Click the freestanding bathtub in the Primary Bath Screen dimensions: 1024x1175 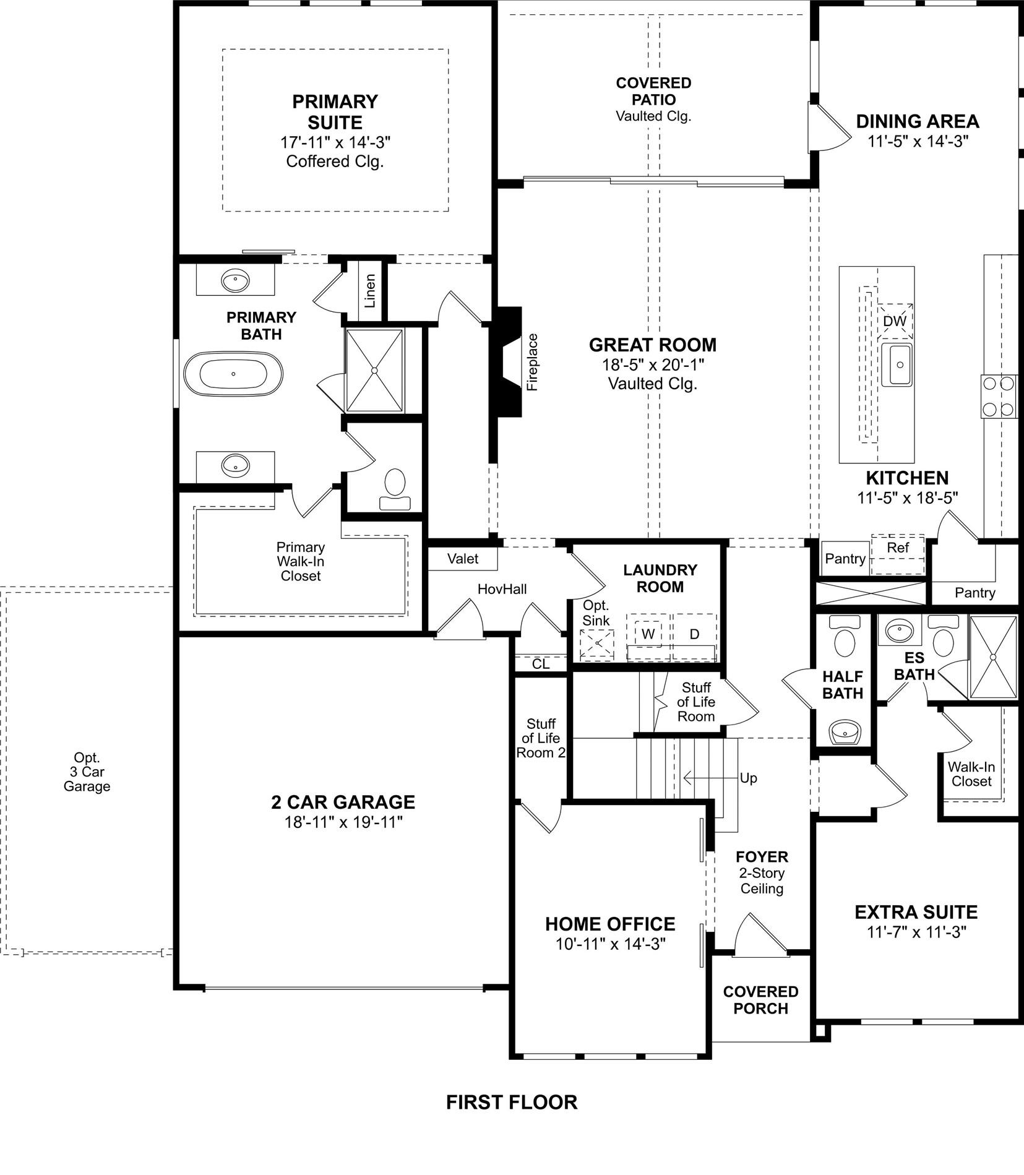[233, 374]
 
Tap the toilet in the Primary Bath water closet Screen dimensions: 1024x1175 [395, 489]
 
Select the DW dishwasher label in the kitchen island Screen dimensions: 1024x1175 [895, 321]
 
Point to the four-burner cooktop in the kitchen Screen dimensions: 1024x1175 [999, 397]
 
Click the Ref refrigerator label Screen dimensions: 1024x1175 [898, 548]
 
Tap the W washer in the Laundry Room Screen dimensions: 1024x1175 [648, 634]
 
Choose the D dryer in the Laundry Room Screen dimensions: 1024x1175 [694, 634]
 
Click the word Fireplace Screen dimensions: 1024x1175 [533, 362]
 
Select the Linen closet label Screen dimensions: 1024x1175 [370, 291]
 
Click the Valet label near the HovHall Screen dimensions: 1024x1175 [463, 559]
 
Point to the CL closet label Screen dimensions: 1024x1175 [541, 664]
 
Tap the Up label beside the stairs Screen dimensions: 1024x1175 [748, 778]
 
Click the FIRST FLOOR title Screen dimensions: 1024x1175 [512, 1102]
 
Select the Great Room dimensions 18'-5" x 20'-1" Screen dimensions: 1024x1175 [653, 364]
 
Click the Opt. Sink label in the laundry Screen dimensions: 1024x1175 [596, 613]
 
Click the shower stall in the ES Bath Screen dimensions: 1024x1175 [993, 657]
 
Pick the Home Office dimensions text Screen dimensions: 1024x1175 [611, 944]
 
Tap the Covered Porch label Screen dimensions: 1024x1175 [760, 1000]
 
